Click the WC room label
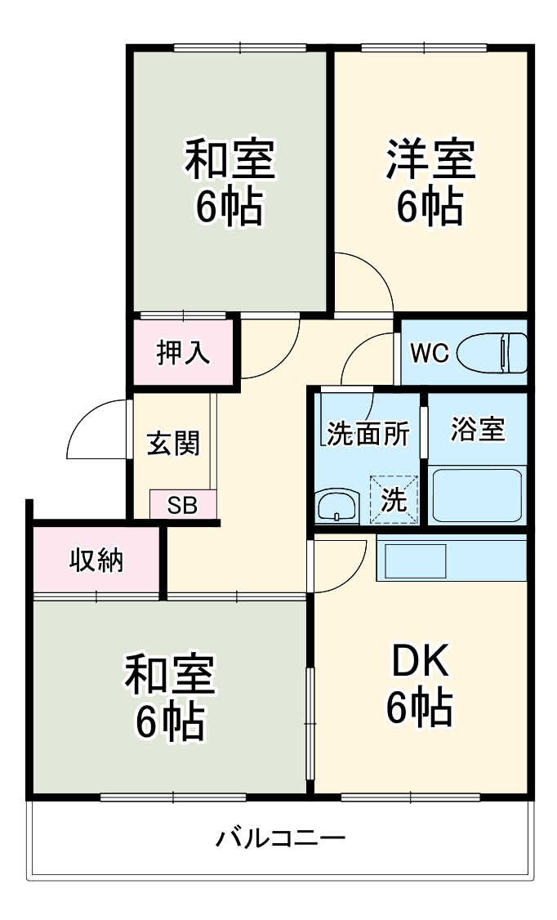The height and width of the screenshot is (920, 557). point(429,353)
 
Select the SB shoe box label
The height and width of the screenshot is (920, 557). point(183,505)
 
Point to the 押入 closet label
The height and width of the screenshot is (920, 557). point(183,353)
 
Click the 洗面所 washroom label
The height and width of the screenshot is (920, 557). point(368,433)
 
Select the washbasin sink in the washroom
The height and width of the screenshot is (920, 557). point(336,506)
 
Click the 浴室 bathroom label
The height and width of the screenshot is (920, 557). point(477,430)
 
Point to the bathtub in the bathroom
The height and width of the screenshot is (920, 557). point(477,495)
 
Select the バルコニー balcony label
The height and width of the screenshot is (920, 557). point(281,838)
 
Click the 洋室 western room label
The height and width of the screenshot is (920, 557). point(430,159)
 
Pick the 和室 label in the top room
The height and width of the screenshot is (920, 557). point(229,159)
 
